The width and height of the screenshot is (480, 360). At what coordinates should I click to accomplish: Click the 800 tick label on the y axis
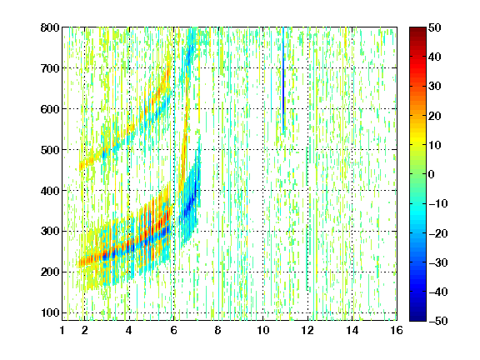tap(50, 27)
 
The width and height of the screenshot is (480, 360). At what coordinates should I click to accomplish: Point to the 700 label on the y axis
tap(50, 68)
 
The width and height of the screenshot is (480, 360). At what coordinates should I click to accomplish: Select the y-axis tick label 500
tap(50, 150)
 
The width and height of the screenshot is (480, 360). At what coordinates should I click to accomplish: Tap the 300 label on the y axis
tap(50, 231)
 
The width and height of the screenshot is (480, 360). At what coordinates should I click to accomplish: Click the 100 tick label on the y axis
tap(50, 312)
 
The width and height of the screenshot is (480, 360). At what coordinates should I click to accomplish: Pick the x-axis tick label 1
tap(62, 330)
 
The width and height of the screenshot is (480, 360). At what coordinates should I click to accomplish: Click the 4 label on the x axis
tap(129, 330)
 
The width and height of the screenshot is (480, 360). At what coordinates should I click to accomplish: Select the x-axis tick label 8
tap(217, 330)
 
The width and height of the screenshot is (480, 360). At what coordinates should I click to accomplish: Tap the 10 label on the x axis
tap(263, 330)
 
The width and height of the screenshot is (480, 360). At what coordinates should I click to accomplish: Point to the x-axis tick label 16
tap(397, 330)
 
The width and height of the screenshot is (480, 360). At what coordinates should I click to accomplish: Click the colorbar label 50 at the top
tap(434, 27)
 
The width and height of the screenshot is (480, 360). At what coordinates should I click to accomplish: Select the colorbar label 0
tap(431, 174)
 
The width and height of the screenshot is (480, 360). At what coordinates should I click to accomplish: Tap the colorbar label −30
tap(438, 262)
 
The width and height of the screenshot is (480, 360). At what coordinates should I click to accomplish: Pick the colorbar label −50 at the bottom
tap(438, 321)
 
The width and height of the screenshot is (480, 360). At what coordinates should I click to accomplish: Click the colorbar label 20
tap(434, 116)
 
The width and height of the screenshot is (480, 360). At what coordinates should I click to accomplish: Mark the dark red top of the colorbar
tap(417, 31)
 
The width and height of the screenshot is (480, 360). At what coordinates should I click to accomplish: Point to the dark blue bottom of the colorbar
tap(417, 317)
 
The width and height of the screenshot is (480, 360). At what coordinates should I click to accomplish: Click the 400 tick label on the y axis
tap(50, 191)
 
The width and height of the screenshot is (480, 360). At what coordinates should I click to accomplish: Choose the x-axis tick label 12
tap(307, 330)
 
